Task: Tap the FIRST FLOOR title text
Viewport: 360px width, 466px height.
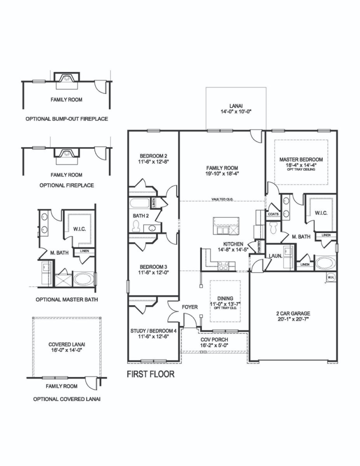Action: [151, 374]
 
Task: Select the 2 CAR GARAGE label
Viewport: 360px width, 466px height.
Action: [293, 313]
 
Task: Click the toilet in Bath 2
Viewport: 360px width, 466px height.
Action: [137, 226]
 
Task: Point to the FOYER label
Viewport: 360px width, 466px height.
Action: [190, 307]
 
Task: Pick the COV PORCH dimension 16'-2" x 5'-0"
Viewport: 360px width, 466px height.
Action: [214, 345]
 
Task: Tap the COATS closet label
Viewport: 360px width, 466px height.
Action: [273, 214]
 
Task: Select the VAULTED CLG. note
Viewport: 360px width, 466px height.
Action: [222, 199]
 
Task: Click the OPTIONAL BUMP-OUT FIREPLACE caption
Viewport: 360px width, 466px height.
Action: [66, 119]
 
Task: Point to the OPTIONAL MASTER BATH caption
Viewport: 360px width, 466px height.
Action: [66, 299]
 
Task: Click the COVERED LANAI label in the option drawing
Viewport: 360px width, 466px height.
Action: [66, 344]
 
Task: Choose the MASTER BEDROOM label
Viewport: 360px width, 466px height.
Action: [301, 159]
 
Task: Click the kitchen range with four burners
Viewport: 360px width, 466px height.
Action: [223, 266]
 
